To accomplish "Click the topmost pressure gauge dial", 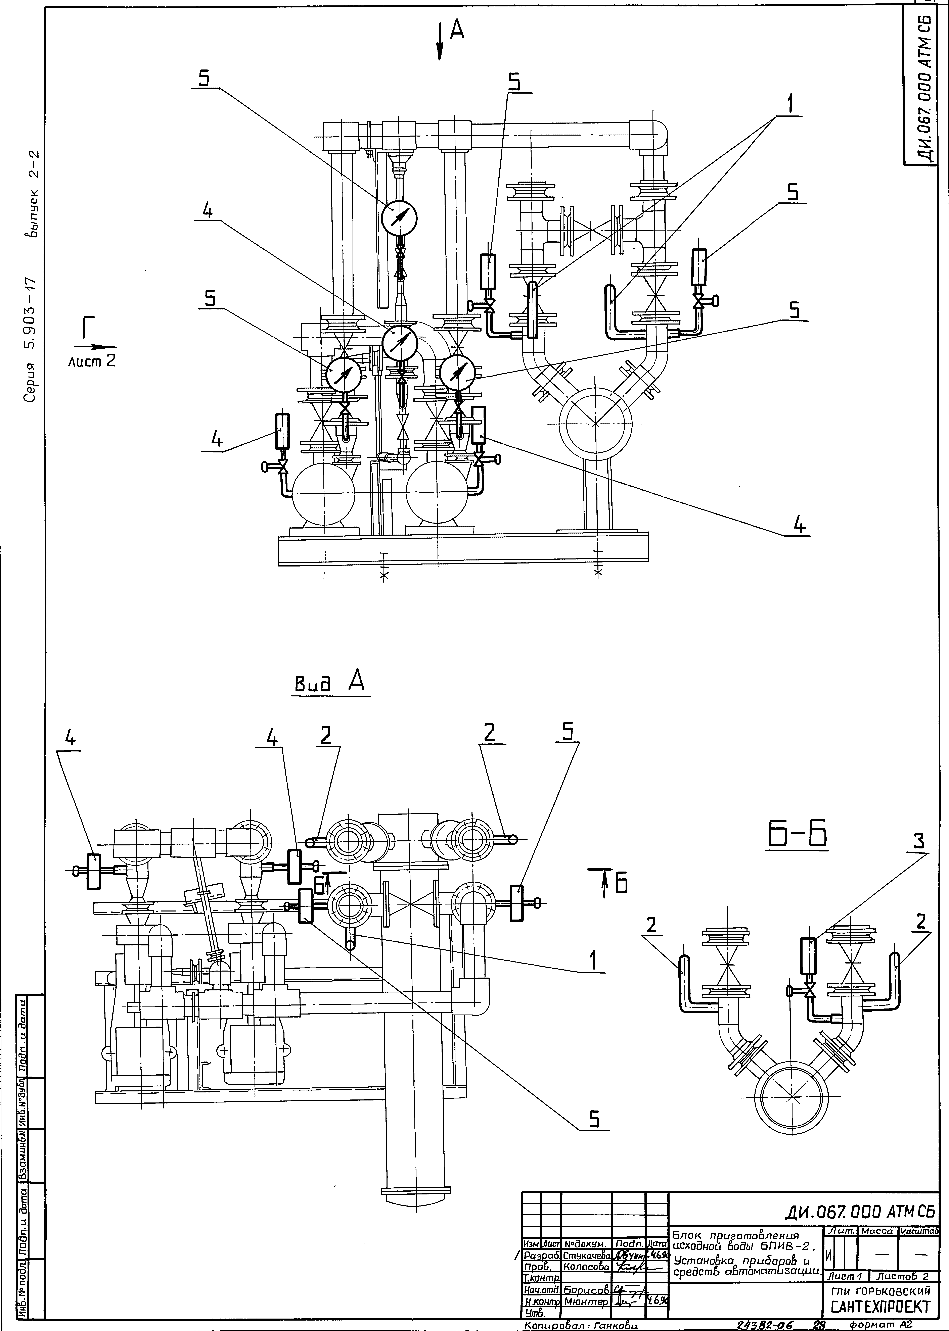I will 400,218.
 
